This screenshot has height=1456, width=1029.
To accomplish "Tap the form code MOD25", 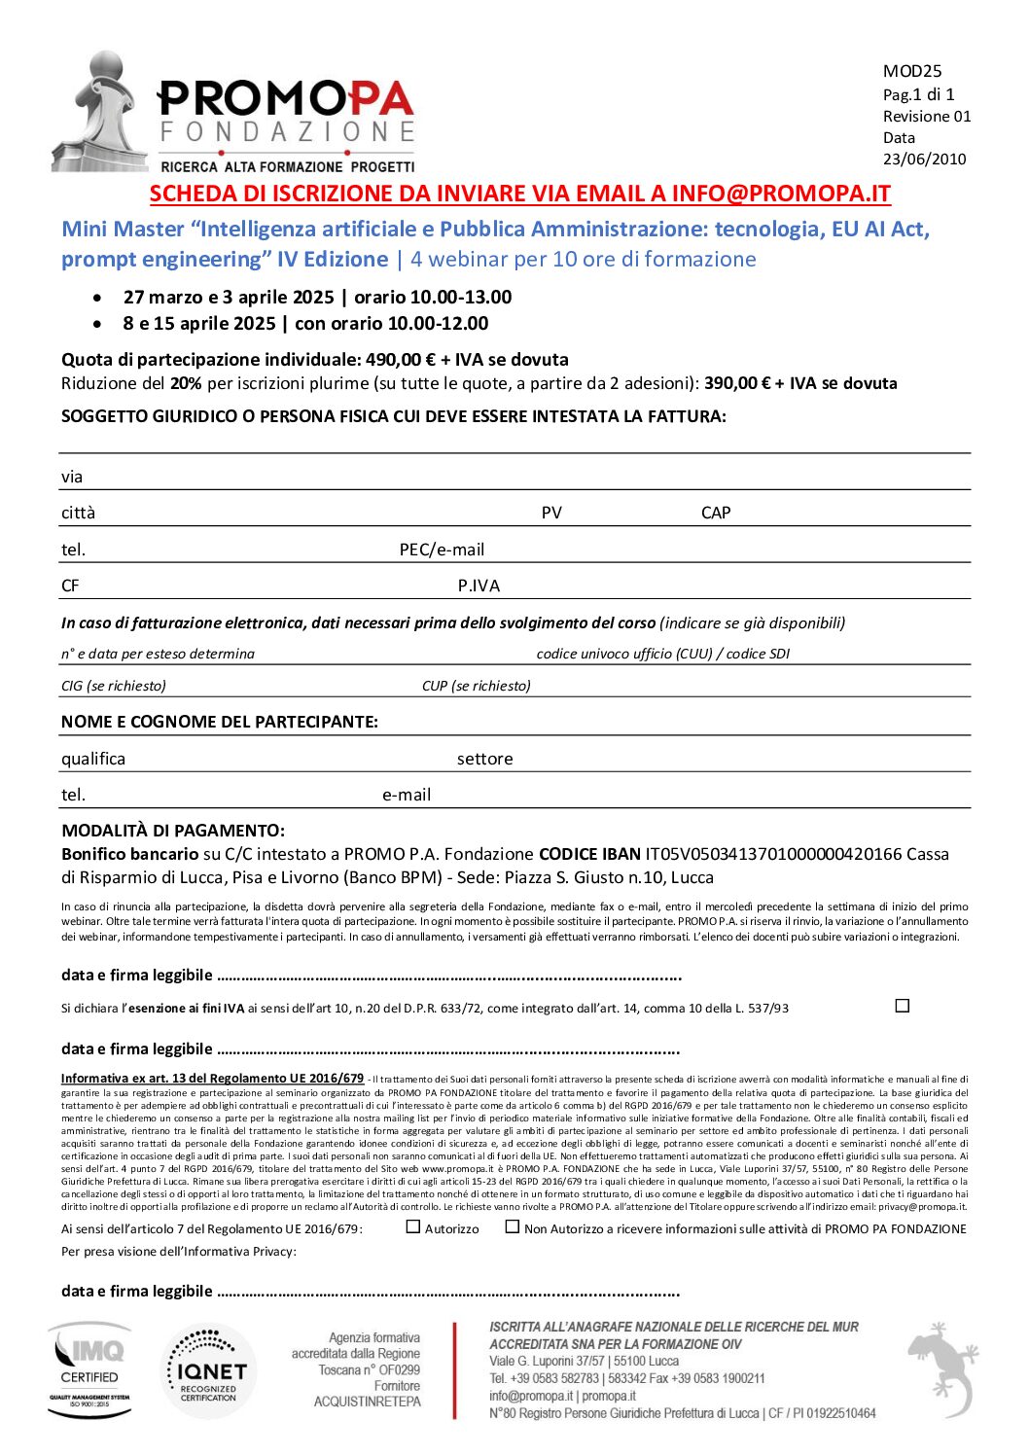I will (911, 71).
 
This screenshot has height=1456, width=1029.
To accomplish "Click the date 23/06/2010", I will (924, 159).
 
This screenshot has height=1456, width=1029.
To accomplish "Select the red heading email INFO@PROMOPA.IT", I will (780, 194).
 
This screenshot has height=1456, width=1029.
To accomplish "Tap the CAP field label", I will (715, 513).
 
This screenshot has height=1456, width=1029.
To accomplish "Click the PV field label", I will (551, 513).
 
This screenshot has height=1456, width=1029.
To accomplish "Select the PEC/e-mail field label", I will (442, 550).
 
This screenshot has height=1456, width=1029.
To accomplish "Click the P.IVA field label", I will (479, 586).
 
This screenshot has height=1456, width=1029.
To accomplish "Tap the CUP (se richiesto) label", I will (476, 686).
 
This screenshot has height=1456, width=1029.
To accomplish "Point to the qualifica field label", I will (93, 759).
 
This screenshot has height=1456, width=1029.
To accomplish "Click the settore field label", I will (484, 759).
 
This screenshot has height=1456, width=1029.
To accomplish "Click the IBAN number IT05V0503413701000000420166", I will (773, 854).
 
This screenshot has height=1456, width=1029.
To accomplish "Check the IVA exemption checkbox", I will (902, 1006).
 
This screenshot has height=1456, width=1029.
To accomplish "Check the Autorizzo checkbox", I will (413, 1227).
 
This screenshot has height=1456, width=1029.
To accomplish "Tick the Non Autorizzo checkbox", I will (513, 1227).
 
